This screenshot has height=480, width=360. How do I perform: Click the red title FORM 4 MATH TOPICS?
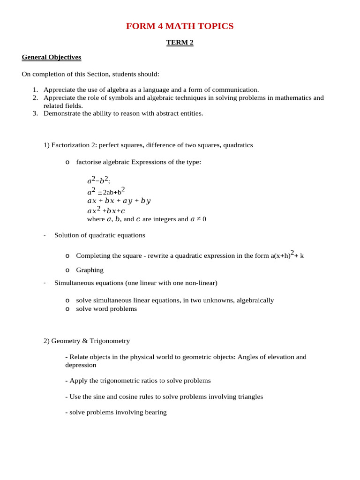click(180, 26)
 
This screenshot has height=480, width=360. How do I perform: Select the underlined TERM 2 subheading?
click(180, 43)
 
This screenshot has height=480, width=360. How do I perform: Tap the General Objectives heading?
click(52, 57)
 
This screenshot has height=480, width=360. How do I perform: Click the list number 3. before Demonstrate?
click(35, 113)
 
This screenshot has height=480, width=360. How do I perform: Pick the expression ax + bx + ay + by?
click(119, 201)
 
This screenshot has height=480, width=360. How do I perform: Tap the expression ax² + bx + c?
click(106, 211)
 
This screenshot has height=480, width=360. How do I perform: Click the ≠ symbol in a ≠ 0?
click(199, 219)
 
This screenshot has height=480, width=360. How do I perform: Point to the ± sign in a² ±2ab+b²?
click(100, 192)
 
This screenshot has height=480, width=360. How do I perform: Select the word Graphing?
click(90, 270)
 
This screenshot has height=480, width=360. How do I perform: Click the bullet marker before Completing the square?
click(67, 256)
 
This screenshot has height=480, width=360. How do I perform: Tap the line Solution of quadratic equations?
click(99, 235)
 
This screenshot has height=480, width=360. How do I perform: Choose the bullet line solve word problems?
click(106, 309)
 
